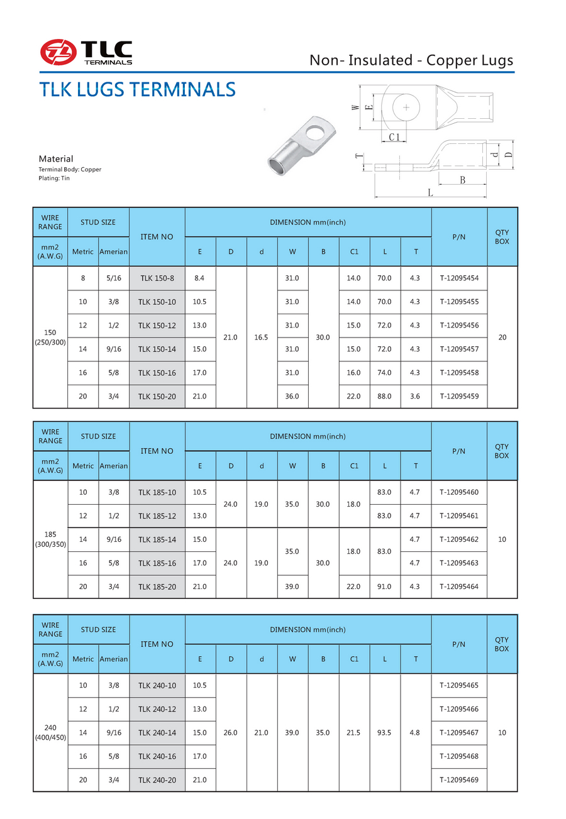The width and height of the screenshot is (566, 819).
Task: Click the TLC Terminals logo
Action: pyautogui.click(x=86, y=52)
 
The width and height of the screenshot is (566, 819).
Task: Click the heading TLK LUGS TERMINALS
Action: pyautogui.click(x=137, y=89)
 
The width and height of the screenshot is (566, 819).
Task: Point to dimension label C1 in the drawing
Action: pyautogui.click(x=394, y=137)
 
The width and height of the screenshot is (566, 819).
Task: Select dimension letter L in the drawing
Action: pyautogui.click(x=431, y=193)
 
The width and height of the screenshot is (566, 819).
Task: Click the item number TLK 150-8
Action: pyautogui.click(x=157, y=278)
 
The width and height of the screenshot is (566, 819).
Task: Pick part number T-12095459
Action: pyautogui.click(x=459, y=397)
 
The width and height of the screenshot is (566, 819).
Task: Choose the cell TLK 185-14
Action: pyautogui.click(x=157, y=539)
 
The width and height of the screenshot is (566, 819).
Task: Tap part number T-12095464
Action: pyautogui.click(x=459, y=586)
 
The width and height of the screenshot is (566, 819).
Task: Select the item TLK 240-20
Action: pyautogui.click(x=157, y=780)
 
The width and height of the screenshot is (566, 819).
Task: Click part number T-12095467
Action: pyautogui.click(x=459, y=733)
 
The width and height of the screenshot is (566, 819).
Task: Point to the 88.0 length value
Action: pyautogui.click(x=385, y=397)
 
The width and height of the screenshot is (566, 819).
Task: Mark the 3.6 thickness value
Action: pyautogui.click(x=415, y=397)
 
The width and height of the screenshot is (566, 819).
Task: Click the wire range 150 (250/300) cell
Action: pyautogui.click(x=50, y=337)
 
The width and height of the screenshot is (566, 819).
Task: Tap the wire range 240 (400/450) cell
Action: pyautogui.click(x=50, y=732)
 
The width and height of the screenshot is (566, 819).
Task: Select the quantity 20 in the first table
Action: pyautogui.click(x=502, y=338)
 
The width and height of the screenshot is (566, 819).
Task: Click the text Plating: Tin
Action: pyautogui.click(x=55, y=179)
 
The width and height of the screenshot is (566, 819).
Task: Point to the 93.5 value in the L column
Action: pyautogui.click(x=385, y=733)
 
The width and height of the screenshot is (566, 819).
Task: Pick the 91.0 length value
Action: pyautogui.click(x=385, y=586)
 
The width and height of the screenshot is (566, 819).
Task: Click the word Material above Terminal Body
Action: pyautogui.click(x=56, y=159)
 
